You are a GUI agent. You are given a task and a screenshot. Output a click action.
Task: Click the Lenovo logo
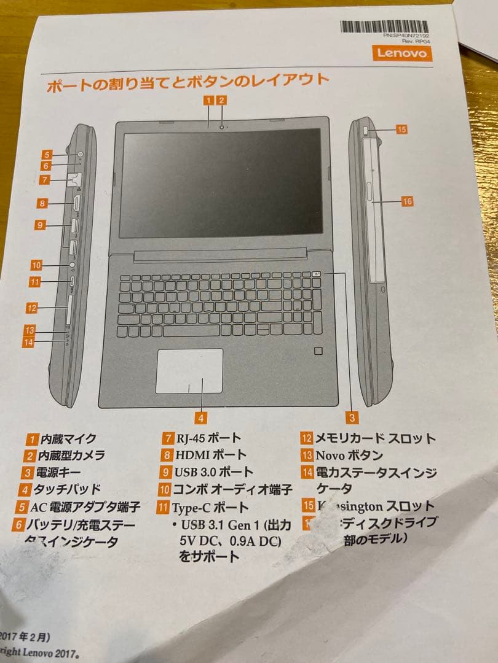click(401, 53)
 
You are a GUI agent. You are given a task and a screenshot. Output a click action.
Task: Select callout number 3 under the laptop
click(352, 418)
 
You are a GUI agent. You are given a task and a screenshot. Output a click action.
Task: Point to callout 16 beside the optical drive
click(406, 201)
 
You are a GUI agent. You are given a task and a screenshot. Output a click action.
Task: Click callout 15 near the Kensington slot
click(401, 130)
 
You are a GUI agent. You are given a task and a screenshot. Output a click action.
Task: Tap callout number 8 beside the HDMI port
click(41, 203)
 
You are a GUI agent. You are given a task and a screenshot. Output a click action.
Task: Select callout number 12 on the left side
click(32, 308)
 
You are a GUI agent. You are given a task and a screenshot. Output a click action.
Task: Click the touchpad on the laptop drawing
click(189, 370)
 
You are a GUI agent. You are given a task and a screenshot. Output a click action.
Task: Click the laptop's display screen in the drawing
click(221, 183)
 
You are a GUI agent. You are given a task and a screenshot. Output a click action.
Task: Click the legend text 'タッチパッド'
click(67, 490)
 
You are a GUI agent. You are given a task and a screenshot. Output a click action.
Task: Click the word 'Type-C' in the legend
click(191, 508)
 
